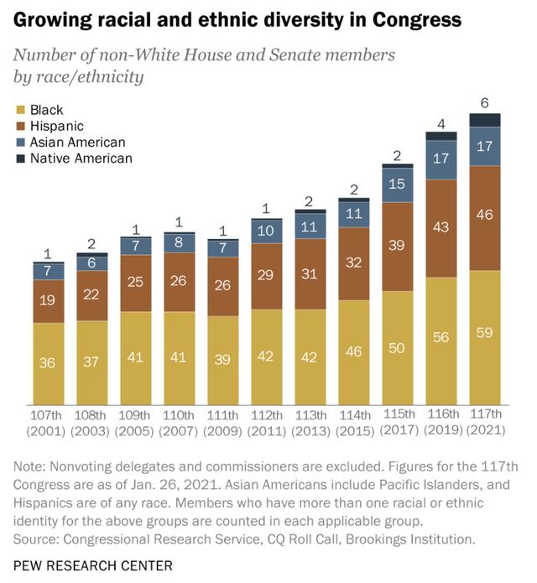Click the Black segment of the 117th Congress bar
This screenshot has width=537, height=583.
point(485,336)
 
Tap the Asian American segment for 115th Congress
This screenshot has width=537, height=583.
point(398,185)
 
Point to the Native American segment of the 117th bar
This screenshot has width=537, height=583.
point(485,120)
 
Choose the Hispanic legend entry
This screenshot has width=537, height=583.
point(56,126)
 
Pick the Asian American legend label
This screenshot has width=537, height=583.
point(77,142)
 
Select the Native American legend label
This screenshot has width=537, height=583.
point(81,158)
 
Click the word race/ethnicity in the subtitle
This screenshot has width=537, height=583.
point(98,77)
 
